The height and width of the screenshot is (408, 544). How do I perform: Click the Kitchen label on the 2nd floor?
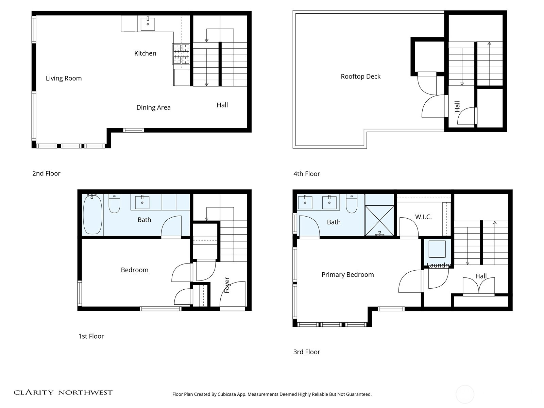pyautogui.click(x=145, y=53)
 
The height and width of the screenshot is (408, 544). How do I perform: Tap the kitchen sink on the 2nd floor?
pyautogui.click(x=148, y=24)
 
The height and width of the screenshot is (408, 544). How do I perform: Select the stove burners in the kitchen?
pyautogui.click(x=181, y=54)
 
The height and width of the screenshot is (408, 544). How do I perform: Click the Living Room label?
pyautogui.click(x=64, y=78)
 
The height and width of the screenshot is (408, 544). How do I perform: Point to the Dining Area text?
pyautogui.click(x=153, y=107)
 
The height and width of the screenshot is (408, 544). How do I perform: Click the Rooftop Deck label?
pyautogui.click(x=360, y=76)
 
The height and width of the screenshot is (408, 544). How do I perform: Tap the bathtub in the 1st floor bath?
pyautogui.click(x=92, y=214)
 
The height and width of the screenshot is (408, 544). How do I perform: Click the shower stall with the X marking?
pyautogui.click(x=379, y=220)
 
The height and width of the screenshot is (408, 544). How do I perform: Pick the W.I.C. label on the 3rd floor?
pyautogui.click(x=423, y=217)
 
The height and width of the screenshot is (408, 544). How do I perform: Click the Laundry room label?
pyautogui.click(x=439, y=265)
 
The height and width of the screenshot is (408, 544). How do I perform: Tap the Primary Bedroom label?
pyautogui.click(x=347, y=274)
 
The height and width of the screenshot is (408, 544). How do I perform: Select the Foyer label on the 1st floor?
pyautogui.click(x=227, y=285)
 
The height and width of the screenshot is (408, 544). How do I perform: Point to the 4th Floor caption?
pyautogui.click(x=306, y=174)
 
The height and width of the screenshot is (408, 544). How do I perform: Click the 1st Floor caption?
pyautogui.click(x=91, y=336)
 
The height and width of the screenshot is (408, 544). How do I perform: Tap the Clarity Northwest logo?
pyautogui.click(x=63, y=392)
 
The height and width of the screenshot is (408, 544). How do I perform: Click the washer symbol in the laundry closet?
pyautogui.click(x=437, y=249)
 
